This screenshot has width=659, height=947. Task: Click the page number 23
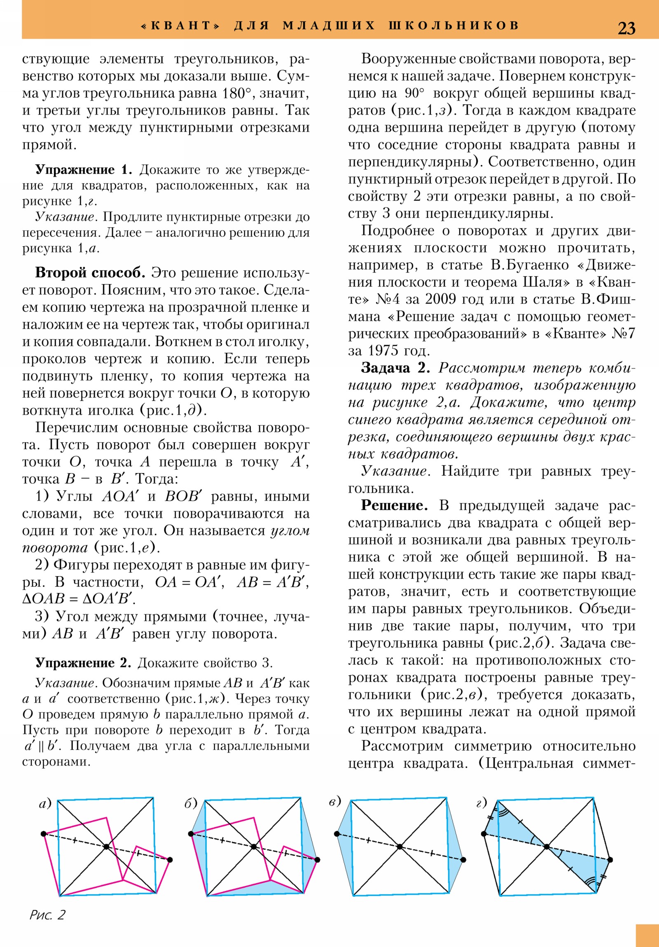click(x=626, y=28)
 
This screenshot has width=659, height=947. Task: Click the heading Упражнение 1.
click(x=83, y=170)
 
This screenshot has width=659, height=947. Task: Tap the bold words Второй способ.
click(x=90, y=273)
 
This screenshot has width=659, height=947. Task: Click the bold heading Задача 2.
click(x=395, y=368)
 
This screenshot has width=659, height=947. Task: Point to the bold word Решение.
click(x=394, y=505)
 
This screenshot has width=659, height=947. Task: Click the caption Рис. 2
click(x=47, y=915)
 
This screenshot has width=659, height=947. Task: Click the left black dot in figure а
click(x=44, y=834)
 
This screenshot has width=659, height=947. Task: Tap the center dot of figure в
click(x=400, y=847)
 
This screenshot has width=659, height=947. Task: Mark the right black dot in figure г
click(x=610, y=860)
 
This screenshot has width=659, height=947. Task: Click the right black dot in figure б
click(x=317, y=860)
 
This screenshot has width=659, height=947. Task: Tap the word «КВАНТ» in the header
click(x=181, y=26)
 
